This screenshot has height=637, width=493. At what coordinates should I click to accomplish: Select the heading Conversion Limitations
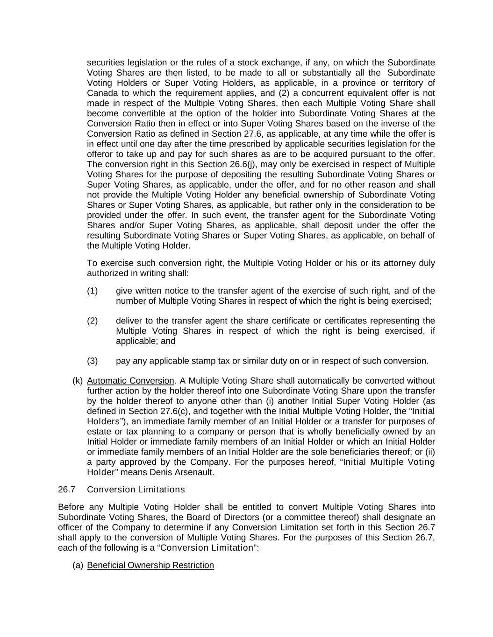click(x=136, y=490)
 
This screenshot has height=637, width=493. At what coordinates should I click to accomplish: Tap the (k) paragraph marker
click(x=78, y=381)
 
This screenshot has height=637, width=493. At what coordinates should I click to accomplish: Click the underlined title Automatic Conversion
click(x=130, y=381)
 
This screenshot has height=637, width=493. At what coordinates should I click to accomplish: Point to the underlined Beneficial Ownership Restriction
click(x=150, y=566)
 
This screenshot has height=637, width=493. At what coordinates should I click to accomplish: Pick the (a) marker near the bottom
click(x=78, y=566)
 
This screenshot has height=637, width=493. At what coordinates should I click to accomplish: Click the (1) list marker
click(x=92, y=291)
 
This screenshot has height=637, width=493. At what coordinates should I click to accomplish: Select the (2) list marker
click(x=92, y=321)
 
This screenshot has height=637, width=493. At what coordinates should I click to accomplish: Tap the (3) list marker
click(x=92, y=361)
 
